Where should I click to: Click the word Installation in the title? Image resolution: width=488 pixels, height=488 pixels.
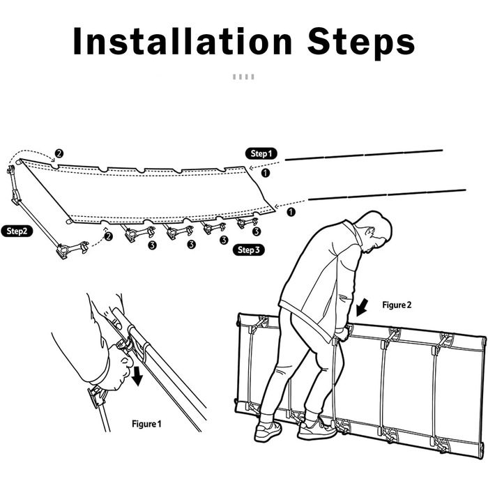click(x=183, y=41)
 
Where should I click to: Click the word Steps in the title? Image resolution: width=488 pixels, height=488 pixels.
click(x=361, y=43)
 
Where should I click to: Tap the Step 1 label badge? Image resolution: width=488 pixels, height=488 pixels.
click(x=261, y=153)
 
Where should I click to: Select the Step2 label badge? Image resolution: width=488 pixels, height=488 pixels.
click(x=17, y=231)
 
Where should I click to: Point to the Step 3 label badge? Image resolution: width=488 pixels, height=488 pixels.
click(x=249, y=250)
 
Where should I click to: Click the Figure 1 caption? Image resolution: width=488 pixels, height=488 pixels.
click(x=146, y=424)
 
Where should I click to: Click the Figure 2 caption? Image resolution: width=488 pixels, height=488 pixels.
click(x=397, y=305)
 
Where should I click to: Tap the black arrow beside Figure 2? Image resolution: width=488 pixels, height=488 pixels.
click(x=362, y=307)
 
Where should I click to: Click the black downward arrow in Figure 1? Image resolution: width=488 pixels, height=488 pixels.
click(x=137, y=376)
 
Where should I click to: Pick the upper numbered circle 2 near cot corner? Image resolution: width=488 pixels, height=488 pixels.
click(x=59, y=153)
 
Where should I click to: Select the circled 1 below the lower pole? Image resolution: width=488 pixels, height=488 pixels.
click(x=291, y=212)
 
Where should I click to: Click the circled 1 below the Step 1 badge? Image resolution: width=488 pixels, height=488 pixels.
click(x=265, y=173)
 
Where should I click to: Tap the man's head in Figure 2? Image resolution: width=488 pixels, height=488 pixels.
click(x=376, y=232)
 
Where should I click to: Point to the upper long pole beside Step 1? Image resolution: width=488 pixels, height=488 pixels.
click(x=363, y=155)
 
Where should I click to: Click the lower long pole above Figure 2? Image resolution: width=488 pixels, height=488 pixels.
click(x=387, y=195)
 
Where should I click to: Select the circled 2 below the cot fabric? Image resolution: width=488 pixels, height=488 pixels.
click(x=108, y=236)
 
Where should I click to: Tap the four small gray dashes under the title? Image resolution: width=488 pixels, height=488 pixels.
click(x=243, y=77)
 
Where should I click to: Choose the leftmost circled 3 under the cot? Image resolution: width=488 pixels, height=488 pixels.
click(x=152, y=245)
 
